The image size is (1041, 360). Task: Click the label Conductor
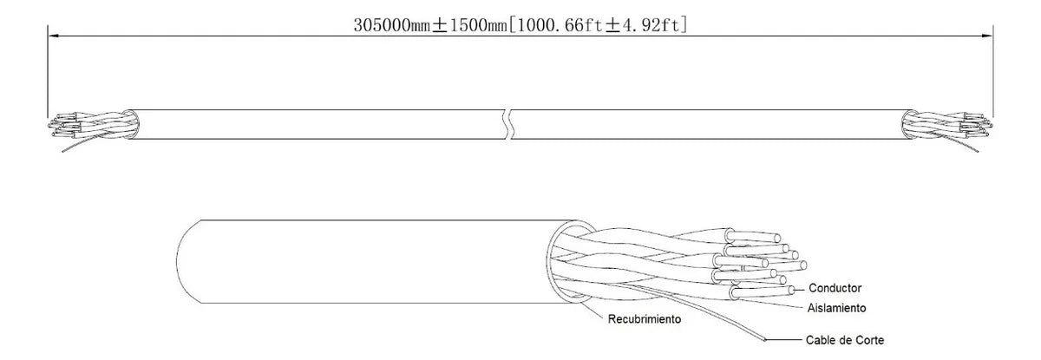[x=835, y=288]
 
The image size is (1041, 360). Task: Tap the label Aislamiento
[x=836, y=308]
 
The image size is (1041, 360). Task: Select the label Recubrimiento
[x=644, y=319]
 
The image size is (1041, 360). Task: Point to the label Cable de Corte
[x=844, y=340]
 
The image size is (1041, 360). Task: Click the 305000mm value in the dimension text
[x=392, y=26]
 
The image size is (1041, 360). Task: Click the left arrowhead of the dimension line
[x=52, y=36]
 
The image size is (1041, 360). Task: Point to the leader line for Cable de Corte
[x=784, y=340]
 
